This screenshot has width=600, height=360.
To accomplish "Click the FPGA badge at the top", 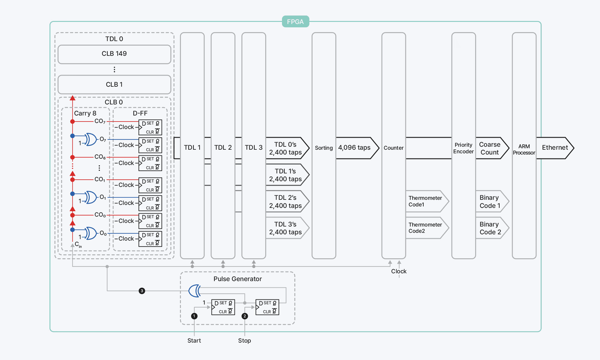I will tap(295, 22).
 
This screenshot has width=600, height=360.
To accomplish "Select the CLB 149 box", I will tap(114, 54).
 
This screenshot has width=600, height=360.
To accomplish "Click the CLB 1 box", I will tap(114, 85).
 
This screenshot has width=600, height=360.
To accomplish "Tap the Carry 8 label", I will tap(85, 113).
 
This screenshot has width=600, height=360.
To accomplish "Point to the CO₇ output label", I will tap(100, 121).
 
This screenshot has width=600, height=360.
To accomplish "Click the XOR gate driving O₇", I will tap(91, 139).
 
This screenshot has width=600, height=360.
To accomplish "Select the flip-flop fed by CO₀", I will tap(150, 221).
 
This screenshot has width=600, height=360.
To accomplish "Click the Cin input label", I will tap(78, 244).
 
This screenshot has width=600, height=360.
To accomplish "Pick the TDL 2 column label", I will tap(223, 148).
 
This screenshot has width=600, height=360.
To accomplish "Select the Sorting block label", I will tap(324, 148).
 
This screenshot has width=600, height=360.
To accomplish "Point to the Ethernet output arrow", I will tap(555, 148).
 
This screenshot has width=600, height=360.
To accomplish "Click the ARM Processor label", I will tap(524, 149).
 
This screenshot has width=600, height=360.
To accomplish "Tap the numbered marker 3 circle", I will tap(142, 291).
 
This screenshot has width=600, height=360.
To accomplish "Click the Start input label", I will tap(194, 340).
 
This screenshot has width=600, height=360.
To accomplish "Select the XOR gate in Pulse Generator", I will tap(195, 291).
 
